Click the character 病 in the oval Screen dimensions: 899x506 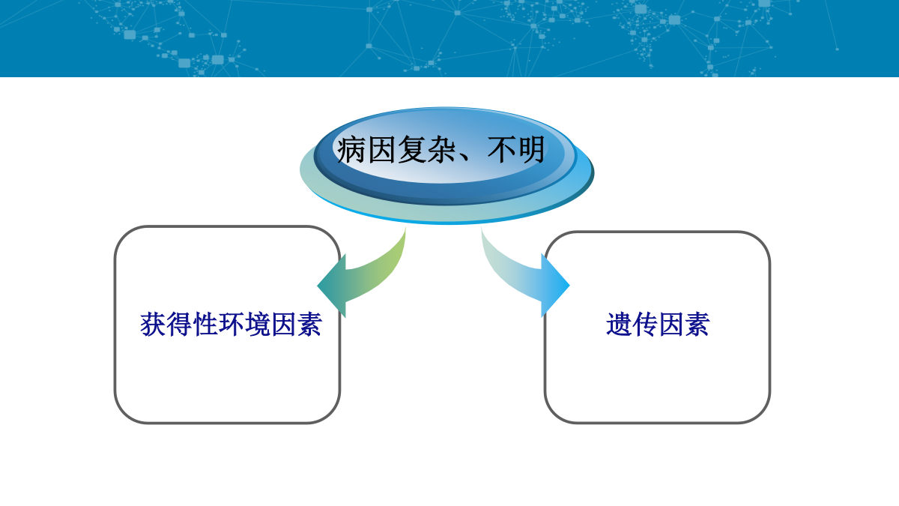tap(351, 149)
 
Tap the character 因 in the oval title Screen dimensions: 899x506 tap(381, 149)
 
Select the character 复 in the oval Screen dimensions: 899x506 tap(411, 149)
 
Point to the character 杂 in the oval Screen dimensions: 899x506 tap(441, 149)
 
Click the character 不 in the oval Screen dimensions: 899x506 tap(502, 149)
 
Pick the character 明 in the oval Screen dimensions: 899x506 tap(531, 149)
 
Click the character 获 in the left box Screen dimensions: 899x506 tap(153, 324)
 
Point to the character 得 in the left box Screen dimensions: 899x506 tap(179, 324)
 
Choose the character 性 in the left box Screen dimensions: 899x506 tap(205, 324)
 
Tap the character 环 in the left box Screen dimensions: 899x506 tap(231, 324)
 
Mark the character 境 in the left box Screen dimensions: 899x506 tap(257, 324)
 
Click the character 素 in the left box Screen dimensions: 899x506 tap(309, 324)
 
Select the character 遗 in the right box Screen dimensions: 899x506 tap(619, 324)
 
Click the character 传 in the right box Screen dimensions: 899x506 tap(645, 324)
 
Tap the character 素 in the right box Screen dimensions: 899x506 tap(697, 324)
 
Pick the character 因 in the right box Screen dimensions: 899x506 tap(671, 324)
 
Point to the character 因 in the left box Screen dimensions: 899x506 tap(283, 324)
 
